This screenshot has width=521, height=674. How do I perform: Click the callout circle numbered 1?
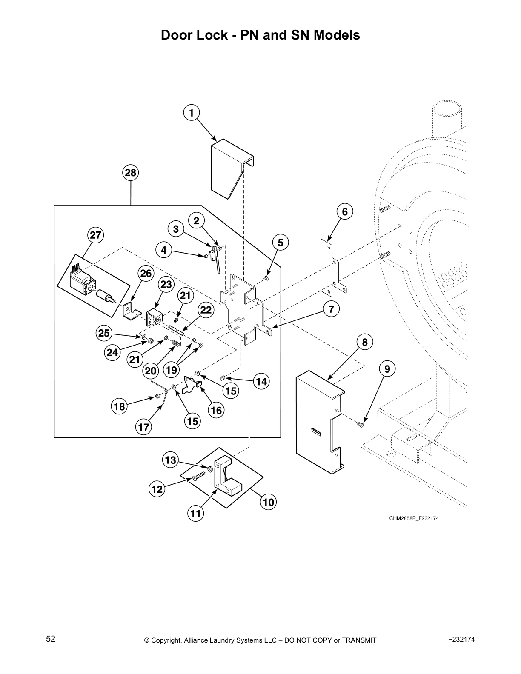pyautogui.click(x=192, y=113)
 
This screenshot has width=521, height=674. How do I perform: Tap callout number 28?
pyautogui.click(x=131, y=173)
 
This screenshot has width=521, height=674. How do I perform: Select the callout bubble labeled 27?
pyautogui.click(x=96, y=235)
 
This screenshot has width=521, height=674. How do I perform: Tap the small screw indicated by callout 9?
pyautogui.click(x=361, y=424)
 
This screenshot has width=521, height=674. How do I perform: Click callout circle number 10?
pyautogui.click(x=269, y=502)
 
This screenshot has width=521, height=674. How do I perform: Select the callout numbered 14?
pyautogui.click(x=261, y=382)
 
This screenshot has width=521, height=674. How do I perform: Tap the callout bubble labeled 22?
pyautogui.click(x=206, y=310)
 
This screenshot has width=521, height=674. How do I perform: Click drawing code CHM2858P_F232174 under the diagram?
pyautogui.click(x=413, y=518)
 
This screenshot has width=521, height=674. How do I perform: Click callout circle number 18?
pyautogui.click(x=120, y=407)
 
